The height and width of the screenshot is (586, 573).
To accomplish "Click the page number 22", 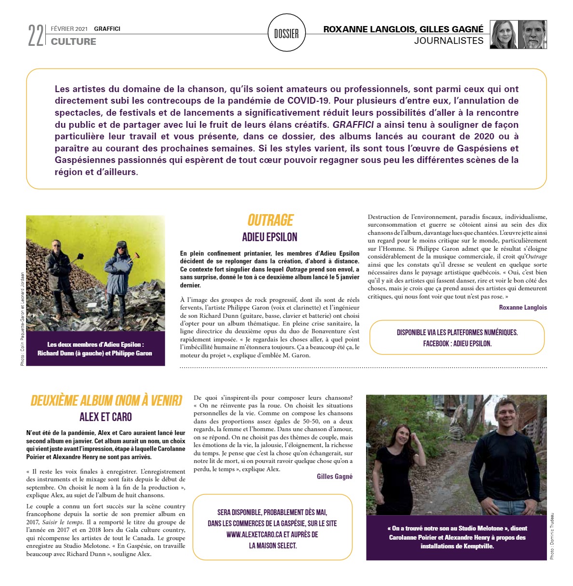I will tap(36, 35).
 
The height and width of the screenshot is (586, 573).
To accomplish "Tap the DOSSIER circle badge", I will tap(286, 33).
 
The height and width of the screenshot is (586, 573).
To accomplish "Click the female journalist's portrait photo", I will tap(504, 35).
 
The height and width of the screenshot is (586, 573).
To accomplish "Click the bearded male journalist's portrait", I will tap(532, 35).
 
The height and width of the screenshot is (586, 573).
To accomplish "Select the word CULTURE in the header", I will tap(73, 42).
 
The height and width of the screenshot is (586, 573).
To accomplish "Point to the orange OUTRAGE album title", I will tap(270, 220).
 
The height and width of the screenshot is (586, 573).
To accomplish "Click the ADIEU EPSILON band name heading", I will tap(270, 237).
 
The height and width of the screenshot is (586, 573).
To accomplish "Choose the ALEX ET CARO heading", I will tap(106, 417).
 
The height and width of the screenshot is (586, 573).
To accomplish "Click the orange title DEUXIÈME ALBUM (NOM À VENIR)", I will tap(106, 401).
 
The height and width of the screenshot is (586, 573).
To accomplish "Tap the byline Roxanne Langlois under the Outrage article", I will tap(523, 307).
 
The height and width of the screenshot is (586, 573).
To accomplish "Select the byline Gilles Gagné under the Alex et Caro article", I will tap(334, 477).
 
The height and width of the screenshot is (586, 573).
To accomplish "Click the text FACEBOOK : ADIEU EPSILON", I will tap(457, 344).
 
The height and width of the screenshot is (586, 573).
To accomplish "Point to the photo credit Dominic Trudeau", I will tap(552, 536).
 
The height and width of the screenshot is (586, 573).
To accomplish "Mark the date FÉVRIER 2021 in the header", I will tap(69, 29).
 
